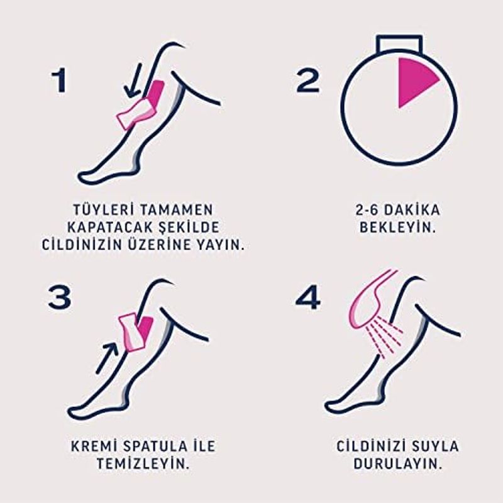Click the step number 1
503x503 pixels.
[59, 81]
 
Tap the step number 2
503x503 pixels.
[307, 81]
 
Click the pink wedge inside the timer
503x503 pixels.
[414, 81]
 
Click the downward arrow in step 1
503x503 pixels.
[133, 80]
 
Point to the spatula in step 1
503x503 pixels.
[136, 114]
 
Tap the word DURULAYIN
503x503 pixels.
[398, 463]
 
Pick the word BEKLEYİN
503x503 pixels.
[398, 228]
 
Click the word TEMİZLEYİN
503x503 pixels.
[143, 463]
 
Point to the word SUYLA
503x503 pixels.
[434, 446]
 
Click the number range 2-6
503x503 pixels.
[367, 210]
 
